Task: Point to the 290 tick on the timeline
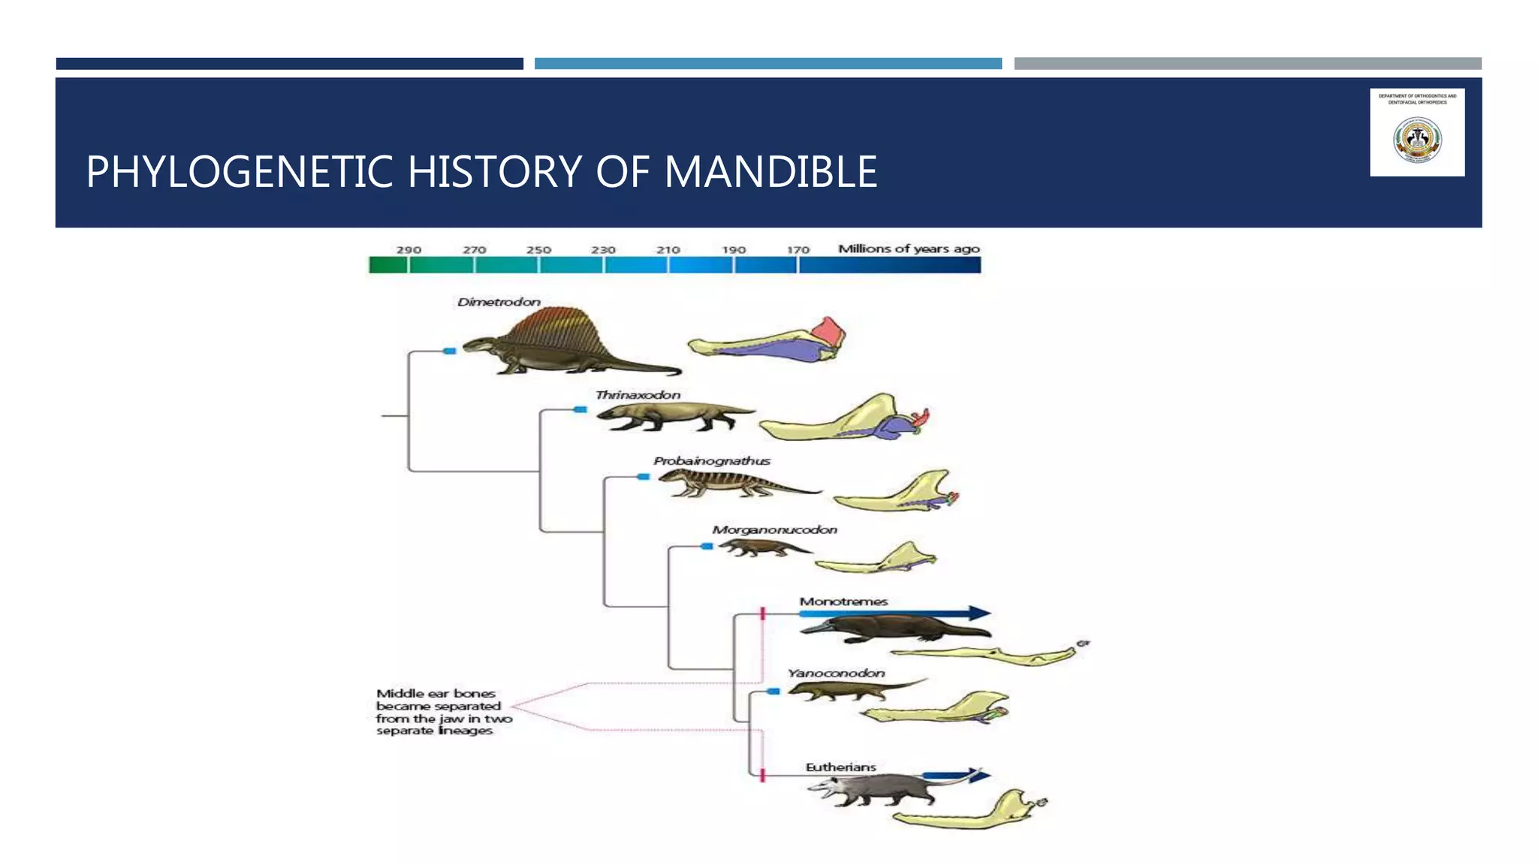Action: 409,250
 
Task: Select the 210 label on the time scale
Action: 668,250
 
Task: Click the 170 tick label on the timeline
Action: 798,250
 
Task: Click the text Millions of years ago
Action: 909,249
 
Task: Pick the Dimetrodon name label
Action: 499,302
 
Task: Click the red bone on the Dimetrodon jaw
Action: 828,331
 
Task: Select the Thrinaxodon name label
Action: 638,395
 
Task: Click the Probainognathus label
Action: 711,461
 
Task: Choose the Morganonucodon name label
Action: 774,530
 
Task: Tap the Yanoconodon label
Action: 836,674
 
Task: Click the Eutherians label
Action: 840,767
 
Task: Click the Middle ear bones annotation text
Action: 443,712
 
